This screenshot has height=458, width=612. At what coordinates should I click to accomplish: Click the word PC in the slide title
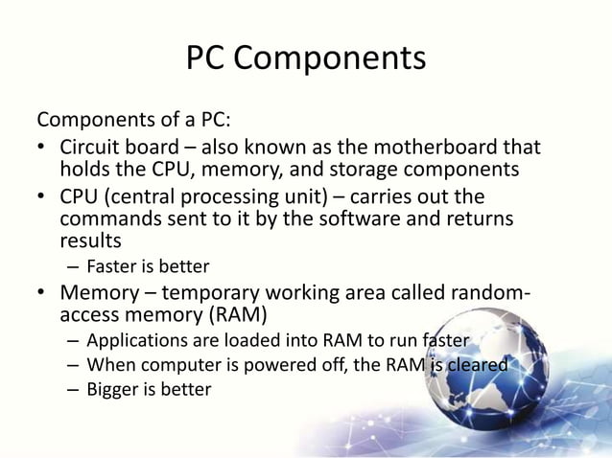click(205, 58)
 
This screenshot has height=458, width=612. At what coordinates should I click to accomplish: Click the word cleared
click(474, 364)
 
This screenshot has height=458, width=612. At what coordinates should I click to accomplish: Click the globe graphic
click(523, 374)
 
